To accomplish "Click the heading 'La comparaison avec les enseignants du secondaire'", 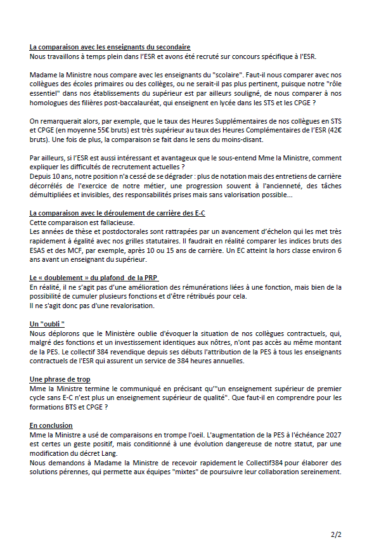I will [x=110, y=48].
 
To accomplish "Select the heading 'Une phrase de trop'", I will [x=60, y=379].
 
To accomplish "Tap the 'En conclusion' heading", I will [x=51, y=425].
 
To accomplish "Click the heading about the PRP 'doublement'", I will [x=94, y=278].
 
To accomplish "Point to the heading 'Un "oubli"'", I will [x=48, y=324].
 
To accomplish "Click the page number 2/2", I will [x=335, y=534].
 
